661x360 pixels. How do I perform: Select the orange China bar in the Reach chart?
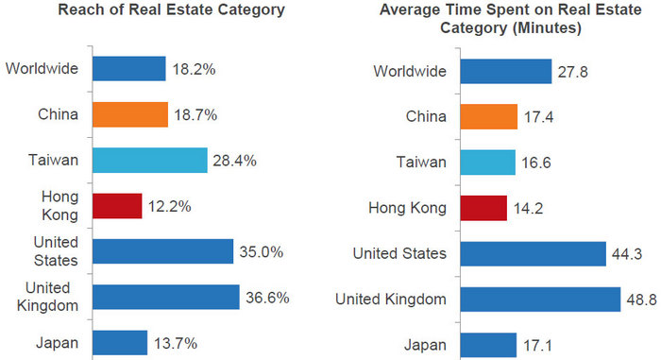(x=129, y=114)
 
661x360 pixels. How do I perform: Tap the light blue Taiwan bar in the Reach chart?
(x=149, y=160)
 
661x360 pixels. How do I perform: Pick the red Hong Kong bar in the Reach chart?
(x=116, y=206)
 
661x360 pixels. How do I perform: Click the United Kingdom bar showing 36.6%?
(x=165, y=297)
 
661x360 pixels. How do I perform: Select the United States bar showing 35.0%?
(x=162, y=251)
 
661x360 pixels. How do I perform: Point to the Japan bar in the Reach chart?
(x=119, y=342)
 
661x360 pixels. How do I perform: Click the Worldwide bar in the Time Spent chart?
(x=505, y=72)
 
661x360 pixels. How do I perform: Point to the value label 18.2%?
(x=195, y=70)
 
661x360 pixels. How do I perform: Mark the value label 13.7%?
(x=176, y=343)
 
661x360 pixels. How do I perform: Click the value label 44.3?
(x=632, y=254)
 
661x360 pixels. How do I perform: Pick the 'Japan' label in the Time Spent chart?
(x=426, y=345)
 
